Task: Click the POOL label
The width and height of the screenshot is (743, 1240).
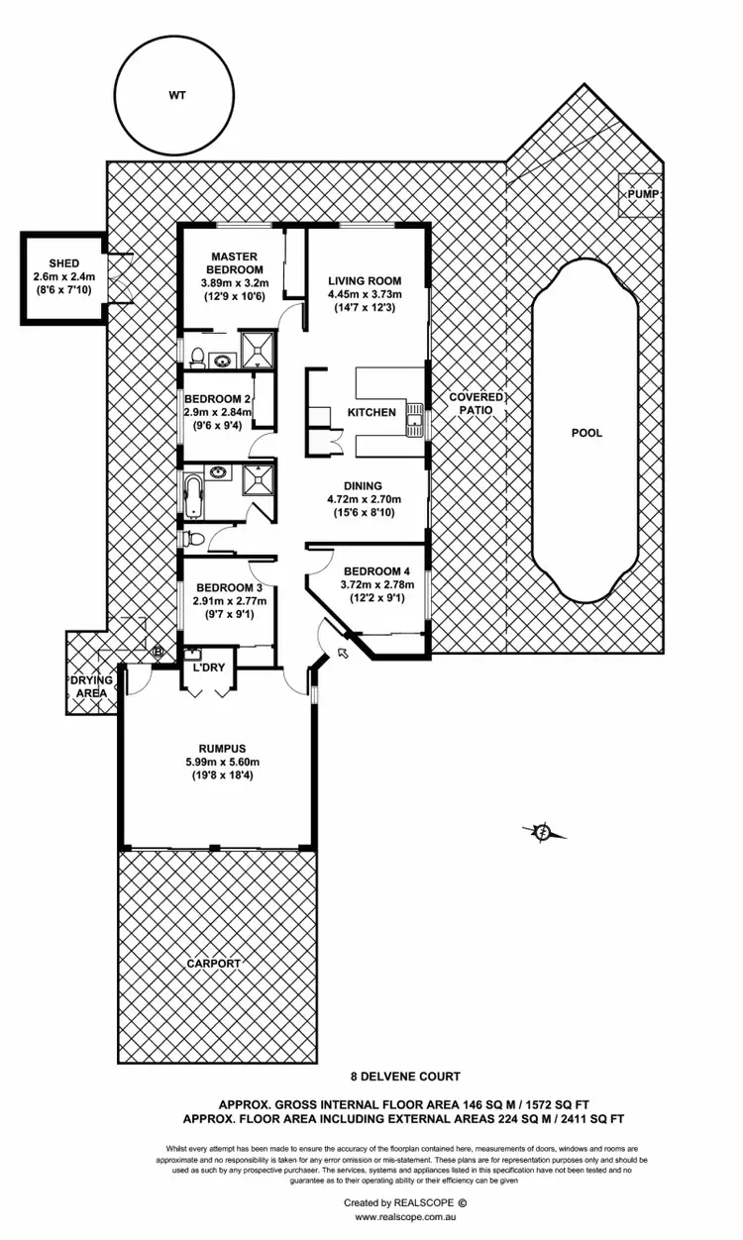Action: coord(586,433)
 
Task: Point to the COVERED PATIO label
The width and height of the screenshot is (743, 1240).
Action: coord(477,403)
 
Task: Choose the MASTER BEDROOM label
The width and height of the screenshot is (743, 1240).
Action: coord(234,262)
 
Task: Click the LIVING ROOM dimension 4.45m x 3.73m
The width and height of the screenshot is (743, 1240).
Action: coord(365,294)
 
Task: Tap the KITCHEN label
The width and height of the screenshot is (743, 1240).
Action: coord(371,412)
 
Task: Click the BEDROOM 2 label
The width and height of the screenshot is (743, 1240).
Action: coord(218,399)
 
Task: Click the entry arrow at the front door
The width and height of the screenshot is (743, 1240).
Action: coord(344,651)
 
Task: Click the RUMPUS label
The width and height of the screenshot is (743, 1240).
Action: coord(215,748)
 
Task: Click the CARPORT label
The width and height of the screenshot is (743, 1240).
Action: coord(214,962)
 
